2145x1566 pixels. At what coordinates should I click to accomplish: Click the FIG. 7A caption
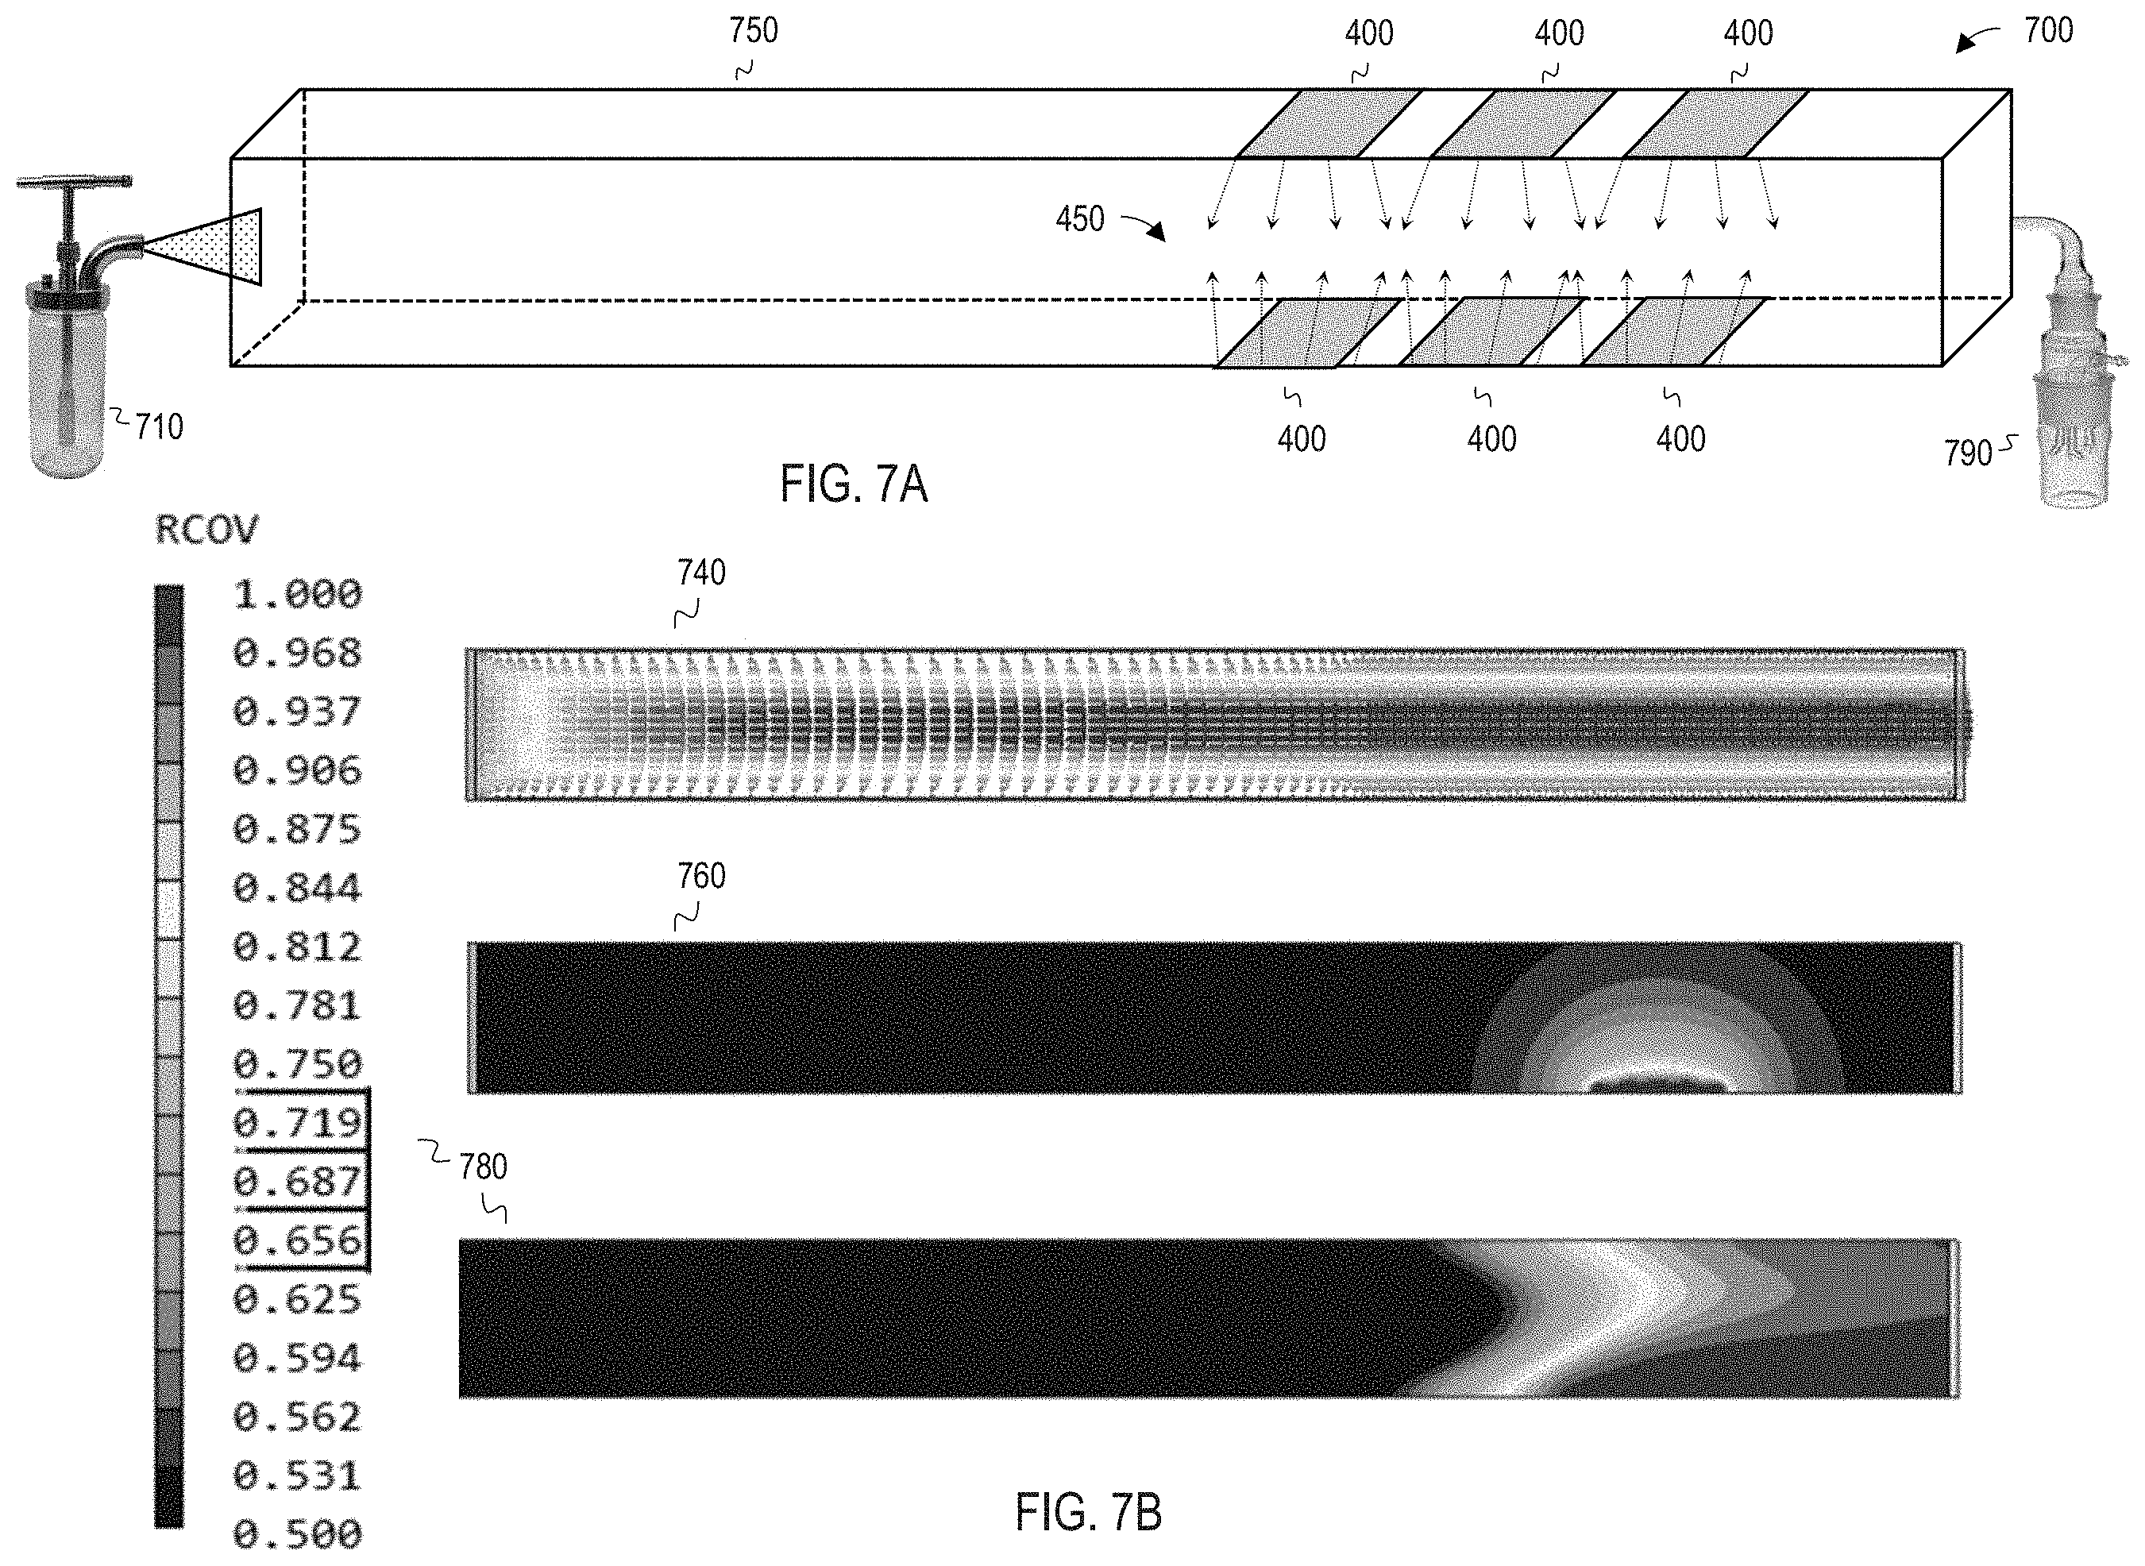(x=853, y=484)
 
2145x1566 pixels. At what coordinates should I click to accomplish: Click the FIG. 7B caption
(x=1088, y=1512)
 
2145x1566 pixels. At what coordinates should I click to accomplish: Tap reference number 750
(x=754, y=31)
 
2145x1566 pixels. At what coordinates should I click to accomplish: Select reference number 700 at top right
(x=2048, y=31)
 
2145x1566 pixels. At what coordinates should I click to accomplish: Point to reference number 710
(x=158, y=427)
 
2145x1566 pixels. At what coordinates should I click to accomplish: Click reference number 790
(x=1968, y=453)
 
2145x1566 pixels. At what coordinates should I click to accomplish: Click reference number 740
(x=701, y=573)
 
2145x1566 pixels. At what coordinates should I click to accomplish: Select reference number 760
(x=701, y=876)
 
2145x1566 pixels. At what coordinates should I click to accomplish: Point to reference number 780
(x=484, y=1167)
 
